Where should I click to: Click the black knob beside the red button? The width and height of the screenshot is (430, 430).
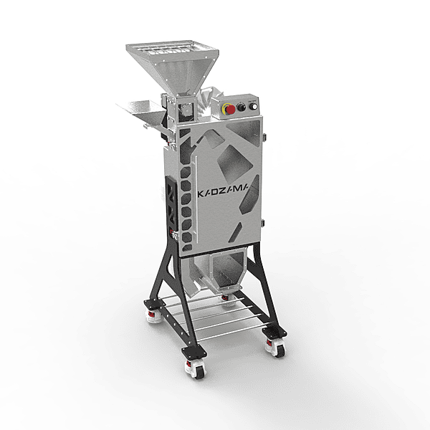click(242, 107)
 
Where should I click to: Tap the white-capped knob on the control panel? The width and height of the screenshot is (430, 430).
click(254, 106)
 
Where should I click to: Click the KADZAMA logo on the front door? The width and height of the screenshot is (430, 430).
click(223, 192)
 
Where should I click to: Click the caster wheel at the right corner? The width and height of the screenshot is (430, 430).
click(277, 348)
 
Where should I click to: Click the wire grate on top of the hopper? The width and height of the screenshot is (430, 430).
click(169, 49)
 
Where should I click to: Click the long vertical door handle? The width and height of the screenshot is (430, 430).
click(196, 199)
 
